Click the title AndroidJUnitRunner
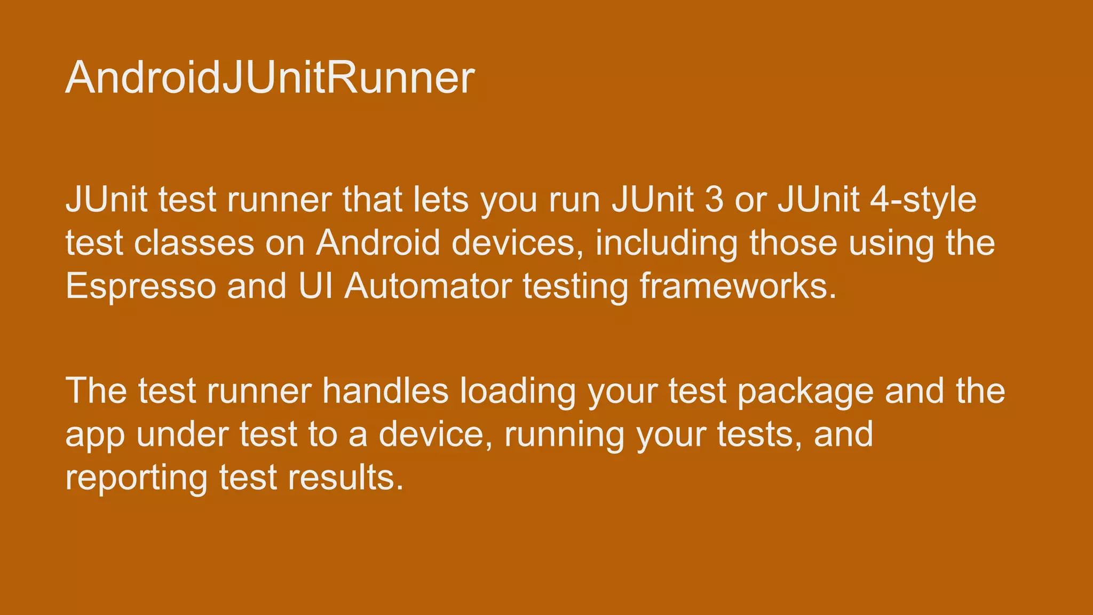click(x=270, y=78)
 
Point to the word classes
click(x=194, y=243)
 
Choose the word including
click(x=667, y=243)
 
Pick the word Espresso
click(x=141, y=286)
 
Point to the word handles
click(x=385, y=391)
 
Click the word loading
click(x=518, y=391)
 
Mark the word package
click(x=805, y=391)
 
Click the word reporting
click(x=136, y=478)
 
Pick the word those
click(x=793, y=243)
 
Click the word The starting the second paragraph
click(x=96, y=391)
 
